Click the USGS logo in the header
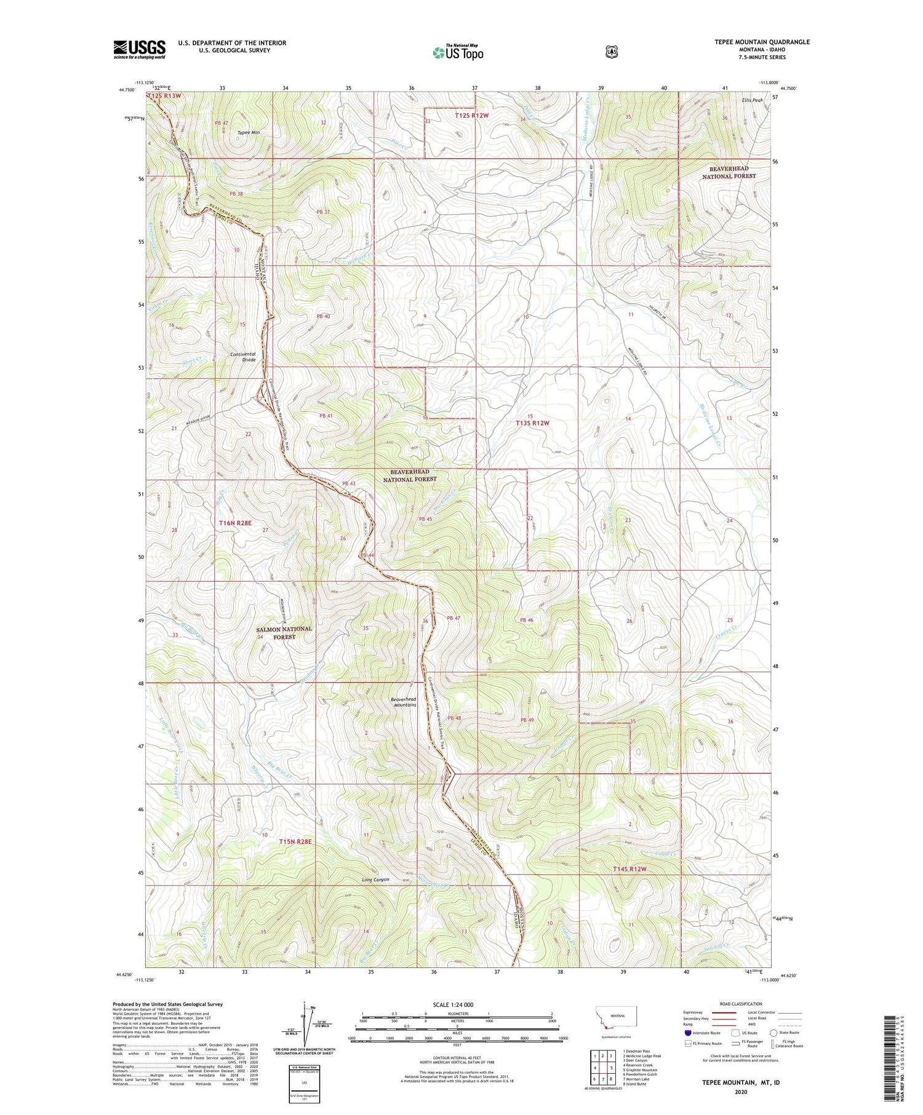(x=139, y=49)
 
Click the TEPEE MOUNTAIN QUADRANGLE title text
(x=757, y=42)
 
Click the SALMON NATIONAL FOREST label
(x=284, y=633)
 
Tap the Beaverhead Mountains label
(x=403, y=702)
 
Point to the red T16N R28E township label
(x=235, y=523)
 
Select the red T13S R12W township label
(x=532, y=423)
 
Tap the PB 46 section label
(x=526, y=620)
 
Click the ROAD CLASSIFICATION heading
(x=740, y=1004)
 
